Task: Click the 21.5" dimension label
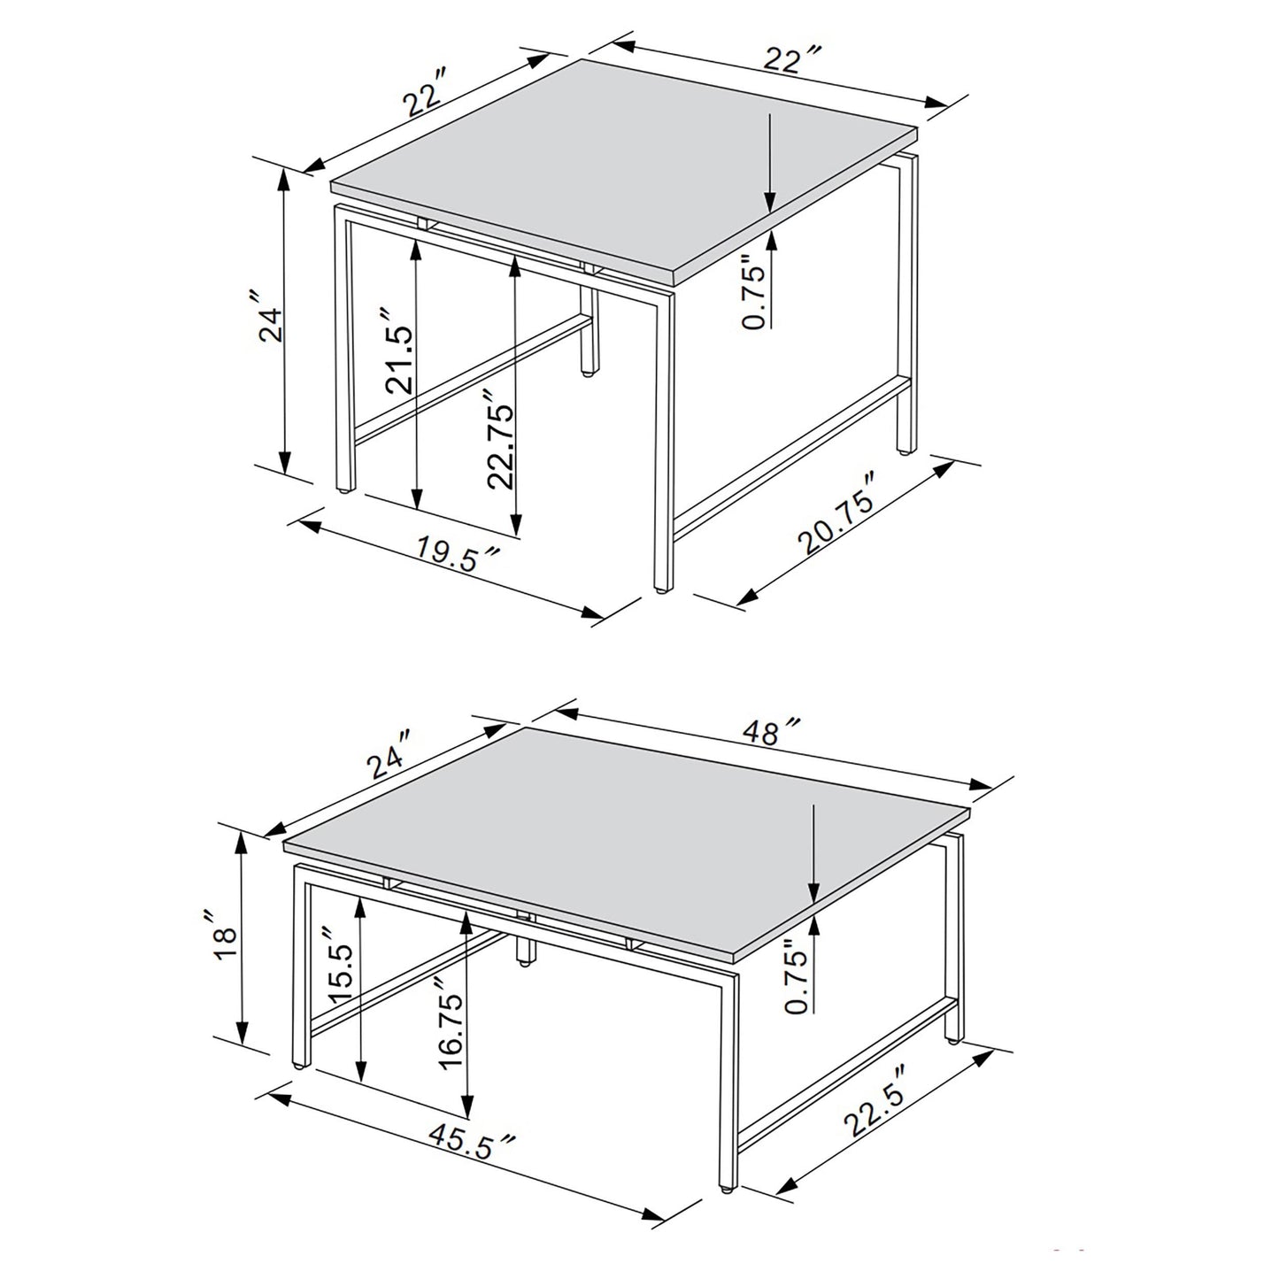pyautogui.click(x=397, y=351)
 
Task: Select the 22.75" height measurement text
pyautogui.click(x=500, y=446)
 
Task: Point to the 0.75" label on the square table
pyautogui.click(x=752, y=293)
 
